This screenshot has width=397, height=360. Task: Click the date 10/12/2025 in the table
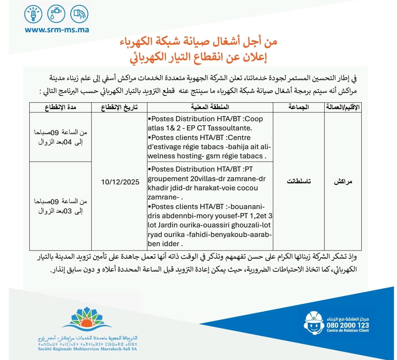(120, 182)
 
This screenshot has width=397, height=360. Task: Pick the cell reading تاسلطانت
(298, 181)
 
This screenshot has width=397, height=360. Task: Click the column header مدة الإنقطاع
(60, 107)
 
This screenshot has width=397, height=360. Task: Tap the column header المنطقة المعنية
(210, 107)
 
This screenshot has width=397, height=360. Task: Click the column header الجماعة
(298, 107)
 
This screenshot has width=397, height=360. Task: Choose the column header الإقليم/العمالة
(342, 107)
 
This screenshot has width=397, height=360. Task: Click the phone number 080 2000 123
(347, 325)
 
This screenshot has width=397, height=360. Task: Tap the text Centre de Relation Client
(347, 331)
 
